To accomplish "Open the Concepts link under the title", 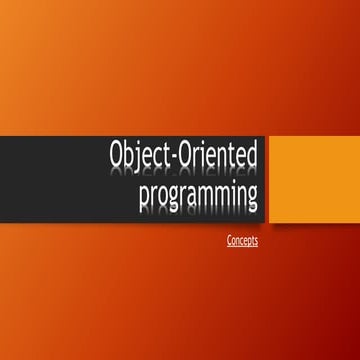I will [x=243, y=240].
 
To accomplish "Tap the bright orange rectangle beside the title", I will [x=301, y=177].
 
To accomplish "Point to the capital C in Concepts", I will [x=230, y=240].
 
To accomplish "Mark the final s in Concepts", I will [x=256, y=241].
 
